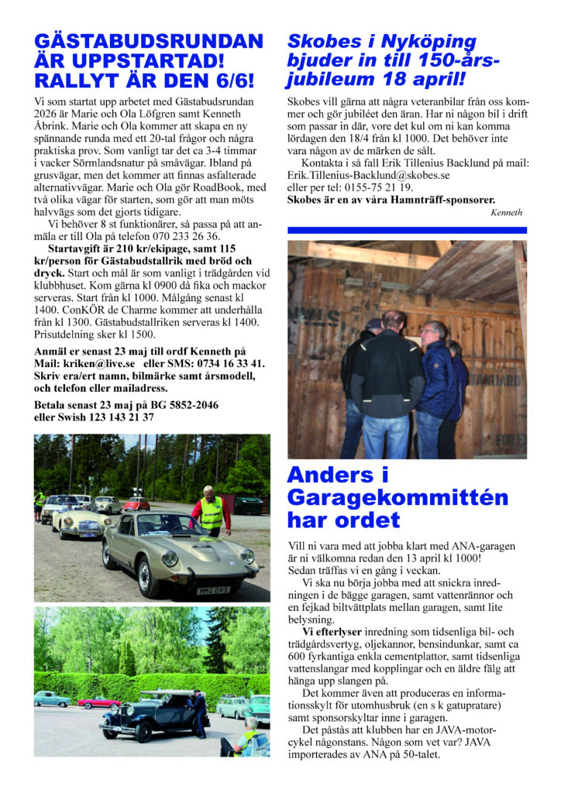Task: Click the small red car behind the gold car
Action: click(x=136, y=503)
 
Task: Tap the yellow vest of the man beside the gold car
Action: click(x=211, y=512)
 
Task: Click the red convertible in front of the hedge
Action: click(x=98, y=702)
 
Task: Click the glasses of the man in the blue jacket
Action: click(x=428, y=331)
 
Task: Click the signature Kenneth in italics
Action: click(x=507, y=212)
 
